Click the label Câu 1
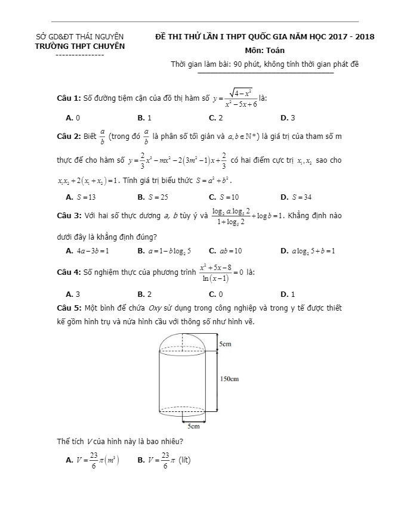pos(68,98)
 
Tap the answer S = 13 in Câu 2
pos(81,197)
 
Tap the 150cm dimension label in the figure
pos(229,379)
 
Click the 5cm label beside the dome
pos(225,344)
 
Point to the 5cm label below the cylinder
pos(193,426)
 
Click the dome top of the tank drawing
pos(182,340)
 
